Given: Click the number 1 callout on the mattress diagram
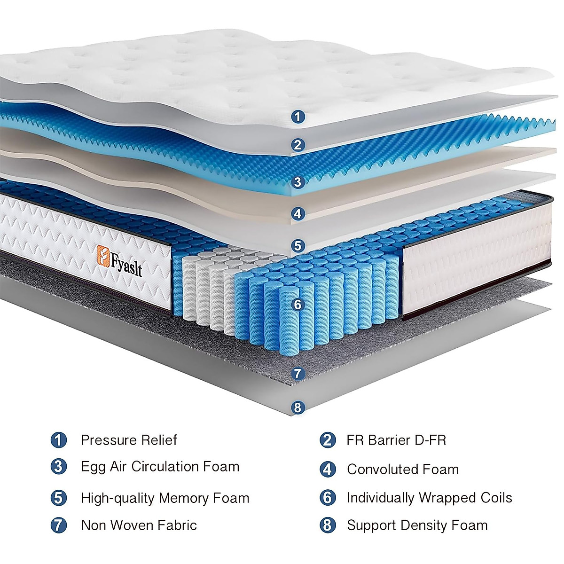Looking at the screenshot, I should pos(298,116).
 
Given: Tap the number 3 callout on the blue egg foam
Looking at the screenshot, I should pos(297,182).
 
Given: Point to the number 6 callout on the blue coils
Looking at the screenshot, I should pos(297,305).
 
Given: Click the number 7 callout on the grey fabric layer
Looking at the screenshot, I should pos(298,374).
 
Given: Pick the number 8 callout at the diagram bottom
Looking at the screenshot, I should pos(297,407).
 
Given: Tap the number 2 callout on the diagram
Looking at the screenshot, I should pos(297,145).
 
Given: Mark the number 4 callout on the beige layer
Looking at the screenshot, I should pos(298,214).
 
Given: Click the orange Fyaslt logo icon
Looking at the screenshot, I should pos(103,255).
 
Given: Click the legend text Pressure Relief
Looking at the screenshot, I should pos(129,440).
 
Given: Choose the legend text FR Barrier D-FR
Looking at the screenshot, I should pos(396,440).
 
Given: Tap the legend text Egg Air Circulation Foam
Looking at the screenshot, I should pos(160,467).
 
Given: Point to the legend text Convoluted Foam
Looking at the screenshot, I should pos(403,469).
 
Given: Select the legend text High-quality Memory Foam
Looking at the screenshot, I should pos(165,498).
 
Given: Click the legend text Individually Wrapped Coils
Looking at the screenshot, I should pos(430,498).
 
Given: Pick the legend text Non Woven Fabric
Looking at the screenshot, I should pos(139,525).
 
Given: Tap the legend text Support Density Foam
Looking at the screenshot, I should pos(417,525).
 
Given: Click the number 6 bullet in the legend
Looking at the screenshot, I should pos(328,498).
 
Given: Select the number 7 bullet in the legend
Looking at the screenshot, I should pos(59,525).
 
